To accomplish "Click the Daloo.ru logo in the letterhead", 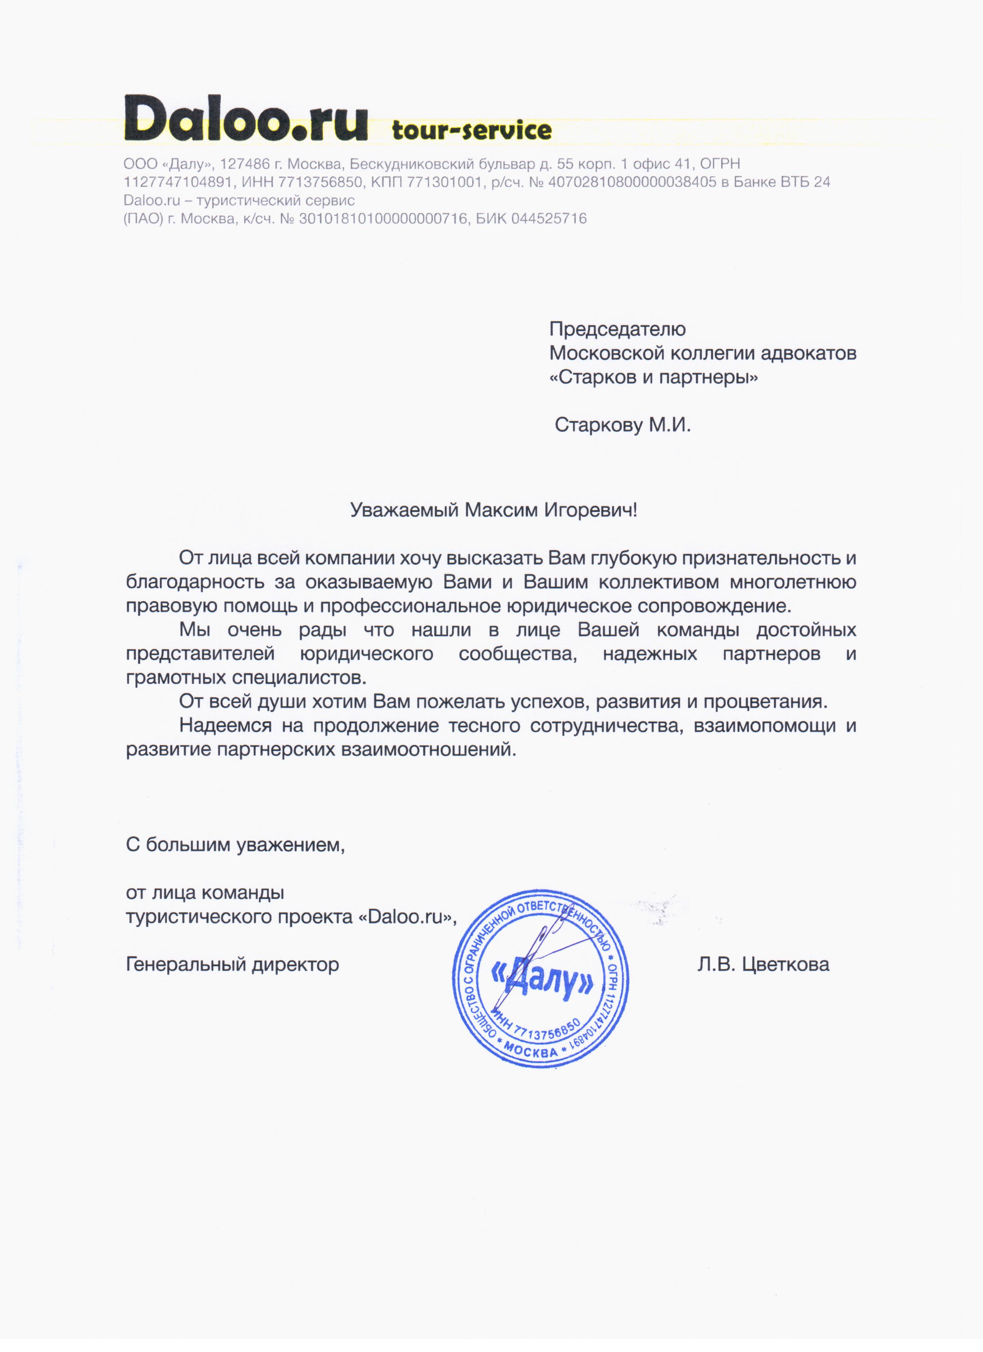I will click(x=246, y=119).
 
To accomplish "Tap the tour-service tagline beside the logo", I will click(x=471, y=130).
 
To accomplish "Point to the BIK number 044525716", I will click(x=549, y=219).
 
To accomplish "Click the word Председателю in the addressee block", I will click(x=617, y=329).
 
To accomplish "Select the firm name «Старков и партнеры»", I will click(x=653, y=377).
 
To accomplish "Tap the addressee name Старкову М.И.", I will click(x=622, y=425).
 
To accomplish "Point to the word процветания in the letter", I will click(x=765, y=702).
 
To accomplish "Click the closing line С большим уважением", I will click(x=235, y=845).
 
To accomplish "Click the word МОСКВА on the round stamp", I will click(x=530, y=1051).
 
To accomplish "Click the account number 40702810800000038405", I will click(x=632, y=182).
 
